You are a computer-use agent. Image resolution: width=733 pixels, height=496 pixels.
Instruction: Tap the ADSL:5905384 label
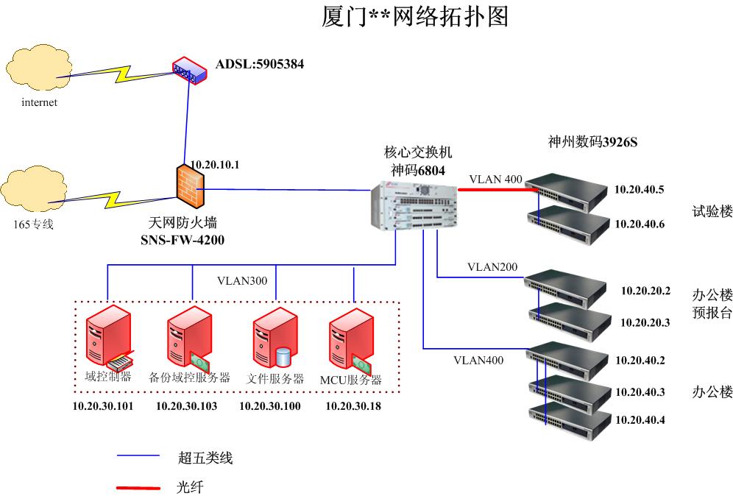(259, 65)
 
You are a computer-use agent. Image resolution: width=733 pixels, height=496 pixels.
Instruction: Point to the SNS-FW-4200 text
(183, 239)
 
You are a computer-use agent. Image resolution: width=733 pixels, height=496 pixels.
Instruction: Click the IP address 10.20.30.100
(269, 405)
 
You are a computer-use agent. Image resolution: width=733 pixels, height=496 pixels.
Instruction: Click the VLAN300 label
(242, 280)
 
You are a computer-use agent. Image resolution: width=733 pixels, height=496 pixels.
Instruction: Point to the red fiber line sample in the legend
(138, 486)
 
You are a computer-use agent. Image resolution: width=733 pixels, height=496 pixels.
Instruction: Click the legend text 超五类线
(205, 458)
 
